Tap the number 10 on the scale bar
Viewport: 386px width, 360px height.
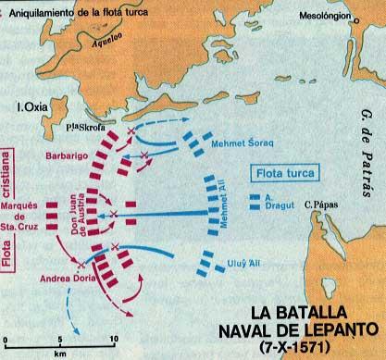[x=114, y=339]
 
